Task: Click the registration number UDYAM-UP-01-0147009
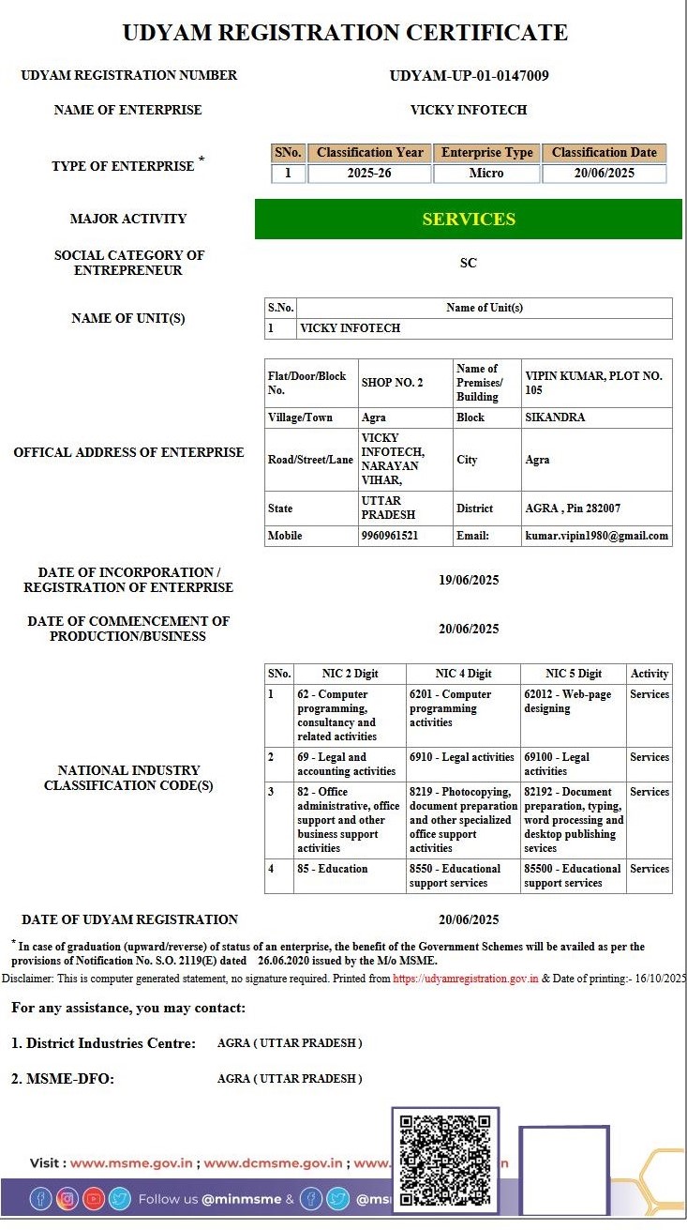(x=469, y=76)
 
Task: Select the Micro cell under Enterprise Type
(x=486, y=174)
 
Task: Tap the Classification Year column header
(x=369, y=153)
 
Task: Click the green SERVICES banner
(x=469, y=220)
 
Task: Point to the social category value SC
(x=469, y=264)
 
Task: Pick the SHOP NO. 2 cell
(x=392, y=383)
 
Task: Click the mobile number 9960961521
(x=390, y=536)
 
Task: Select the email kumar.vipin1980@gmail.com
(x=597, y=536)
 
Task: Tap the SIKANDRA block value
(x=555, y=418)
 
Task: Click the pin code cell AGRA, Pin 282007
(x=573, y=509)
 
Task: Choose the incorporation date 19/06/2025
(x=469, y=581)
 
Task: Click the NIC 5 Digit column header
(x=574, y=674)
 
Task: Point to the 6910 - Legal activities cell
(x=462, y=757)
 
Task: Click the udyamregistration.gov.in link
(x=465, y=978)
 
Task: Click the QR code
(x=445, y=1160)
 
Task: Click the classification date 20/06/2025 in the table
(x=605, y=174)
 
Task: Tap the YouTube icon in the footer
(x=94, y=1198)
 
